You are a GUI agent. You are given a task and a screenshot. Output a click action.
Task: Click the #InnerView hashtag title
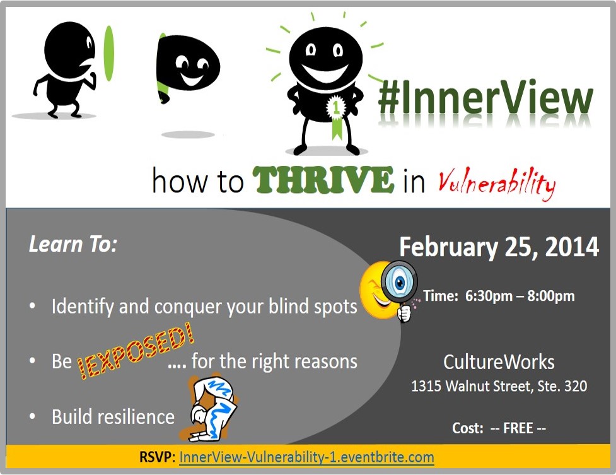(485, 98)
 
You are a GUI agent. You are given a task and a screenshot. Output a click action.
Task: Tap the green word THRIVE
(323, 180)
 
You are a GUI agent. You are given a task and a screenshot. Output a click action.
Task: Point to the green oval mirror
(109, 54)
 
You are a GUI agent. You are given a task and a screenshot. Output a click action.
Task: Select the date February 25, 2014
(499, 247)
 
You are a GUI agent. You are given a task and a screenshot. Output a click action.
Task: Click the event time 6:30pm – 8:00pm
(520, 296)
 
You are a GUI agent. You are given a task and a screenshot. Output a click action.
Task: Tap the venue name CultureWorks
(499, 361)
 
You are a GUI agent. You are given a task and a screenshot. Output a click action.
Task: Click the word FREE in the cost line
(518, 428)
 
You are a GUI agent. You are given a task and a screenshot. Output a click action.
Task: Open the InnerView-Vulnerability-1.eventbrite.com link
(306, 457)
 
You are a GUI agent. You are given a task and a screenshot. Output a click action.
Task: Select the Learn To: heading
(73, 244)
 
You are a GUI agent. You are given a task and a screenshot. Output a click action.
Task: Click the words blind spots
(313, 307)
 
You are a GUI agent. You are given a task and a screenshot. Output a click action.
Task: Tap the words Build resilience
(113, 417)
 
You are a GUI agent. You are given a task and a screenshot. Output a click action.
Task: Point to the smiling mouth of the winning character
(325, 72)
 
